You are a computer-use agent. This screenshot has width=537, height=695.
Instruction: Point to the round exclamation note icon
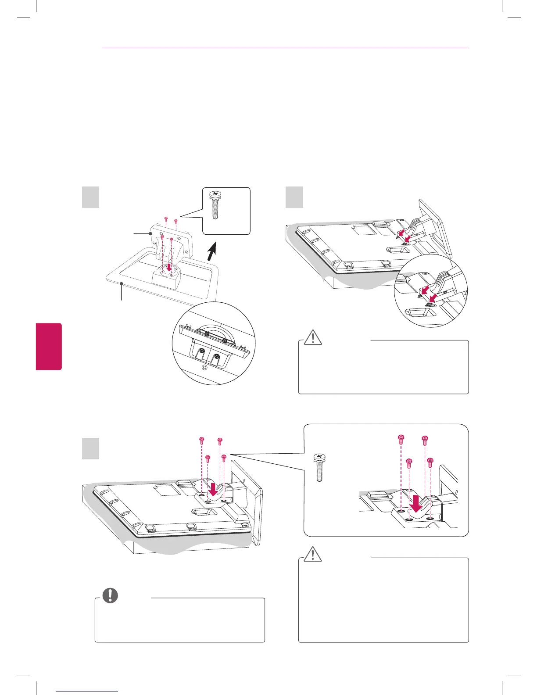(110, 595)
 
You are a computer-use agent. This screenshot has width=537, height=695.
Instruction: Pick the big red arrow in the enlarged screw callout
(415, 504)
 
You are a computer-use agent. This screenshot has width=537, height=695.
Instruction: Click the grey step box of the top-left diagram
(90, 197)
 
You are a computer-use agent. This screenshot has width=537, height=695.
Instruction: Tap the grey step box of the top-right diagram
(294, 197)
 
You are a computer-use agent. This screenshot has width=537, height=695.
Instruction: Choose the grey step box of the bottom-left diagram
(90, 448)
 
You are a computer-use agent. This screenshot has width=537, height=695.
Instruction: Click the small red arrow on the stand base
(169, 267)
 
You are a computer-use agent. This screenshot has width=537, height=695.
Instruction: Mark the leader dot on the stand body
(151, 234)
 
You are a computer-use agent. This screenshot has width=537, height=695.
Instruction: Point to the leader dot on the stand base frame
(121, 285)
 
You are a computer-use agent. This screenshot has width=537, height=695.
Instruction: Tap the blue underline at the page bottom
(87, 691)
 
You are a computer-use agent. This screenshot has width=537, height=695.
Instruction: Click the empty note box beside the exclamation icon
(180, 621)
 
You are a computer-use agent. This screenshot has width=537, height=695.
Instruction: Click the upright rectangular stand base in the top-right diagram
(434, 228)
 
